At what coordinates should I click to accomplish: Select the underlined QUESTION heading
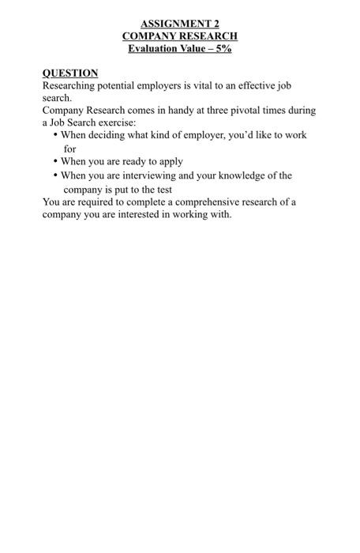(x=70, y=73)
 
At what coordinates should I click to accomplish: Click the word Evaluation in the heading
(x=154, y=49)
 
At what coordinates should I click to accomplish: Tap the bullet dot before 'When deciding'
(x=55, y=135)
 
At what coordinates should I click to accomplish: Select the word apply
(x=170, y=162)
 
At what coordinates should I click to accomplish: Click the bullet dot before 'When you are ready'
(x=55, y=161)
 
